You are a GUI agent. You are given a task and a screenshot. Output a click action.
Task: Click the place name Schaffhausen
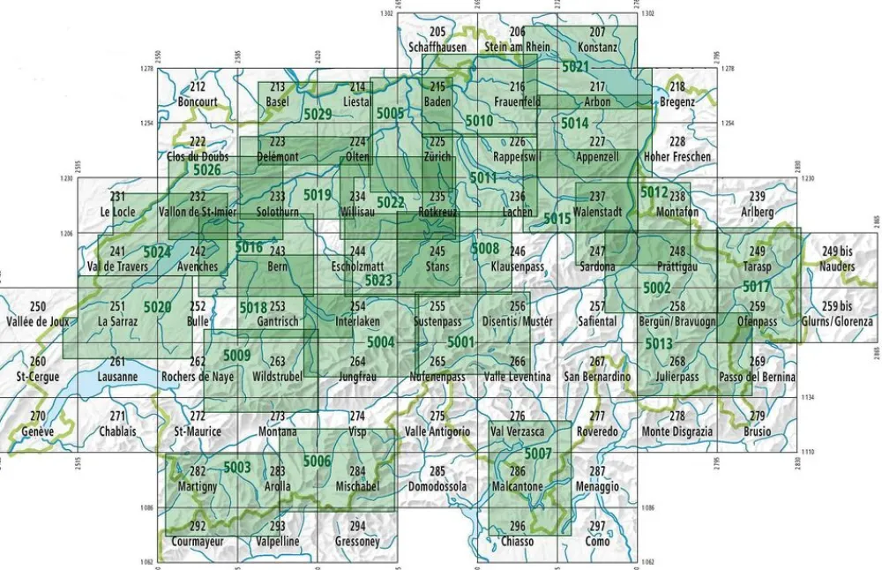[437, 47]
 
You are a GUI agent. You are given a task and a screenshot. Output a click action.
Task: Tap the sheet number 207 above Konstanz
[597, 33]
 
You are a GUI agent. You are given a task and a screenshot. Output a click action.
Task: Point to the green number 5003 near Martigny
[237, 467]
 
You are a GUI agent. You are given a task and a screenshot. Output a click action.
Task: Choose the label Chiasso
[517, 541]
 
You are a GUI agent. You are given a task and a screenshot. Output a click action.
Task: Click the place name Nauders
[837, 265]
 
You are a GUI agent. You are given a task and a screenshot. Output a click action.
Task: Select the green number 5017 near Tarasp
[756, 287]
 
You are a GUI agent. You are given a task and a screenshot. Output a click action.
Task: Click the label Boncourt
[198, 101]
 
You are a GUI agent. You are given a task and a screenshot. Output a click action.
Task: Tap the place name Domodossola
[437, 486]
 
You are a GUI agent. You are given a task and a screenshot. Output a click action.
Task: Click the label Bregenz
[677, 101]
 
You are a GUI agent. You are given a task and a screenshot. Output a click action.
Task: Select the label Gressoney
[357, 541]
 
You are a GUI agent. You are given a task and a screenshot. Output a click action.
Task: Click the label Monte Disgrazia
[676, 431]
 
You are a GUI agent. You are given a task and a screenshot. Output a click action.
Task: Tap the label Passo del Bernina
[757, 377]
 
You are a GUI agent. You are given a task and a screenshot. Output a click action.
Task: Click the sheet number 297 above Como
[598, 527]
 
